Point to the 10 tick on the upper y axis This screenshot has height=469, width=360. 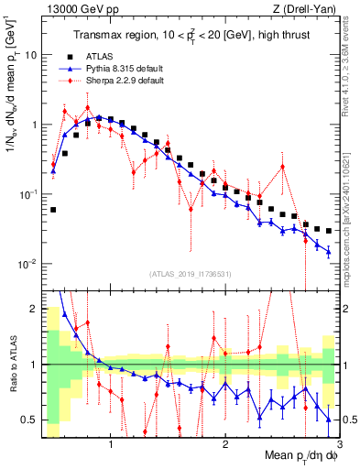coord(30,55)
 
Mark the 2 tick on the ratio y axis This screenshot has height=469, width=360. coord(34,307)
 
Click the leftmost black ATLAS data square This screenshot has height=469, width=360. coord(53,210)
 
